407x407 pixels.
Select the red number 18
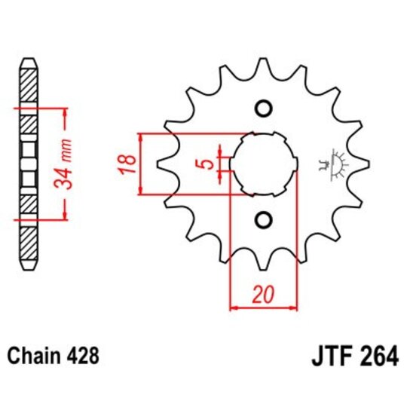(x=128, y=163)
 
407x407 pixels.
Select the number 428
(x=81, y=354)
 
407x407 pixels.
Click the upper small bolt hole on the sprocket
(x=263, y=109)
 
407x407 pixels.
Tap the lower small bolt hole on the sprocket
(x=263, y=219)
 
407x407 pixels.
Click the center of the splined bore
(x=263, y=164)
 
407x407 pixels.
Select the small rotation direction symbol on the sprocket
(x=331, y=164)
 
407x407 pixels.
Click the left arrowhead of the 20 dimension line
(x=232, y=308)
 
